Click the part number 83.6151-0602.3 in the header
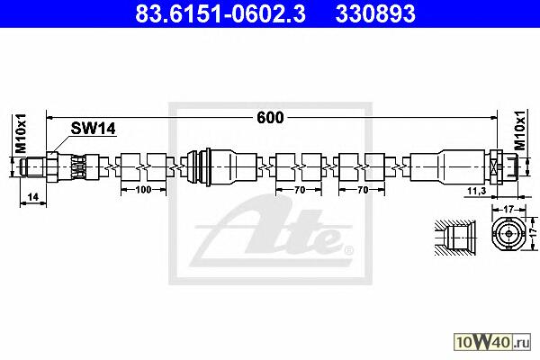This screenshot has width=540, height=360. [x=220, y=13]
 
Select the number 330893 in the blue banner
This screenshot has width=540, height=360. [x=375, y=13]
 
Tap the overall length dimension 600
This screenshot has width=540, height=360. [x=270, y=118]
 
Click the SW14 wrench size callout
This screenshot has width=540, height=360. [x=93, y=129]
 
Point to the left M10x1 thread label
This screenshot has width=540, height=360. [x=21, y=133]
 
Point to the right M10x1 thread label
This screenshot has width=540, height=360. [x=520, y=130]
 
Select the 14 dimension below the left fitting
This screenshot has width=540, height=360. [x=32, y=197]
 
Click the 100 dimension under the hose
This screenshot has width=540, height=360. [x=143, y=190]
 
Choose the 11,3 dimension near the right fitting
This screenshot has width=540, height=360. [x=477, y=191]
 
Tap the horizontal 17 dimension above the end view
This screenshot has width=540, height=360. [x=508, y=209]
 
